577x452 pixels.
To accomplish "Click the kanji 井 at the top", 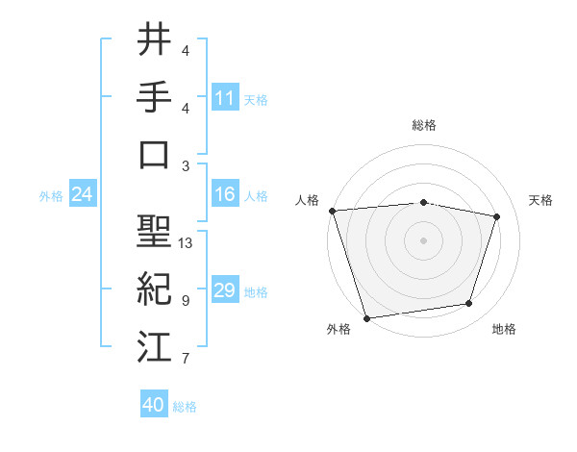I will [154, 39].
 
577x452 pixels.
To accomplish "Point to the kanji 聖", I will [154, 231].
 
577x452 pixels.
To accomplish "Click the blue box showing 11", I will [225, 97].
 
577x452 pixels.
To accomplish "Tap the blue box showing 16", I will [225, 195].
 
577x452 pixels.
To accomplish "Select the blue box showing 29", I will [225, 291].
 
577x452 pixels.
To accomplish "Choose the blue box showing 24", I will [82, 195].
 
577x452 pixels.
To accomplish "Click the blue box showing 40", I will [154, 406].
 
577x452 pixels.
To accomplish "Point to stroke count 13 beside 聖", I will [187, 243].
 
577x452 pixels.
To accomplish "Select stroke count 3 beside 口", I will [186, 165].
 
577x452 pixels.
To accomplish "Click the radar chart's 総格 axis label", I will [424, 125].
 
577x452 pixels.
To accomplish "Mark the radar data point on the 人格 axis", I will [333, 211].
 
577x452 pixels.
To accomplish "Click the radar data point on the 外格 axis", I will [367, 317].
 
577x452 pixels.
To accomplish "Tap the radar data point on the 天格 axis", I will [497, 216].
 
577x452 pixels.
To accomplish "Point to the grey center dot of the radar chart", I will [424, 240].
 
